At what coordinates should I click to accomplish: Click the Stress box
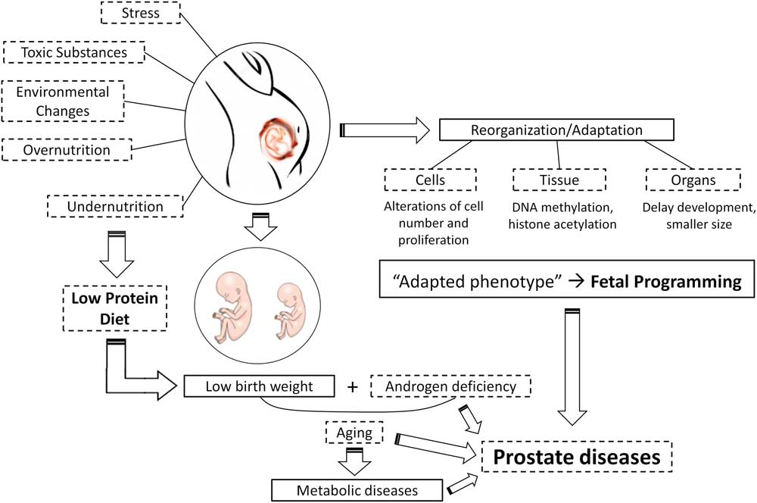[140, 12]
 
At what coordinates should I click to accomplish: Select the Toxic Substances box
[75, 52]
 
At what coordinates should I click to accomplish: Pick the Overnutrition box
[67, 150]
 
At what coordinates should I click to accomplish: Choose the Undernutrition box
[115, 205]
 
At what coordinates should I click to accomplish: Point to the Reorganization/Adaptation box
[556, 130]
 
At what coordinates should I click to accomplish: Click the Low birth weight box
[260, 387]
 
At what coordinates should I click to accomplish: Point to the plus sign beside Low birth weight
[352, 387]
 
